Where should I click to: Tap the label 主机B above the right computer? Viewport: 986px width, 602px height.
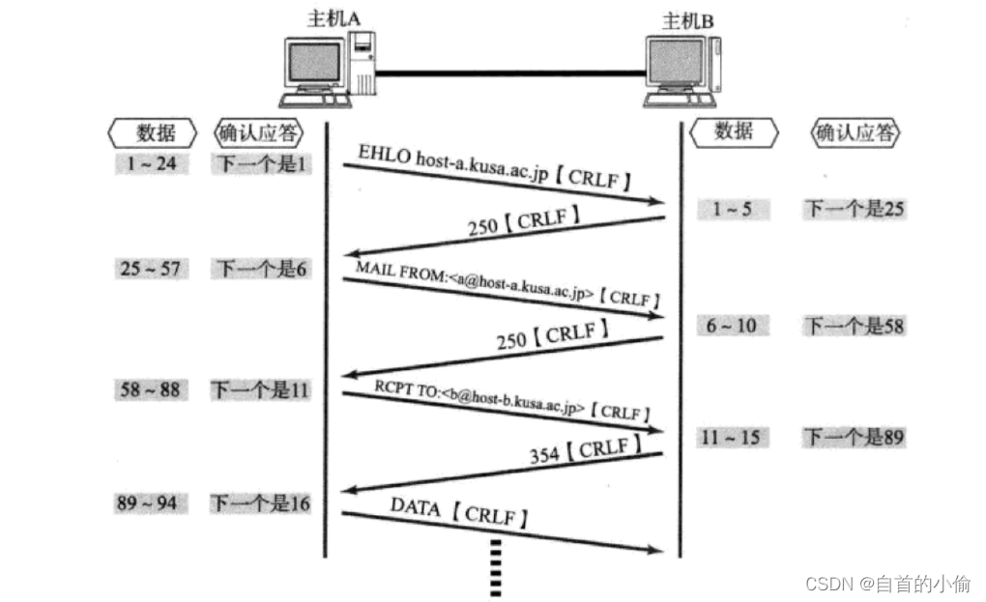coord(687,19)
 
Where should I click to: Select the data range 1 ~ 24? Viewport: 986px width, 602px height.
coord(151,163)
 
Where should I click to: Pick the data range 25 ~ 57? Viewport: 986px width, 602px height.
coord(151,269)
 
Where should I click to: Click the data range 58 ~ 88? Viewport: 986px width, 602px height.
coord(151,389)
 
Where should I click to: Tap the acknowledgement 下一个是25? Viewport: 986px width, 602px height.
coord(855,208)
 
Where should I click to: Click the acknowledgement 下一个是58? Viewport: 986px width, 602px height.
coord(855,326)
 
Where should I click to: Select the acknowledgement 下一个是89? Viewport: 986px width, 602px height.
coord(855,438)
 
